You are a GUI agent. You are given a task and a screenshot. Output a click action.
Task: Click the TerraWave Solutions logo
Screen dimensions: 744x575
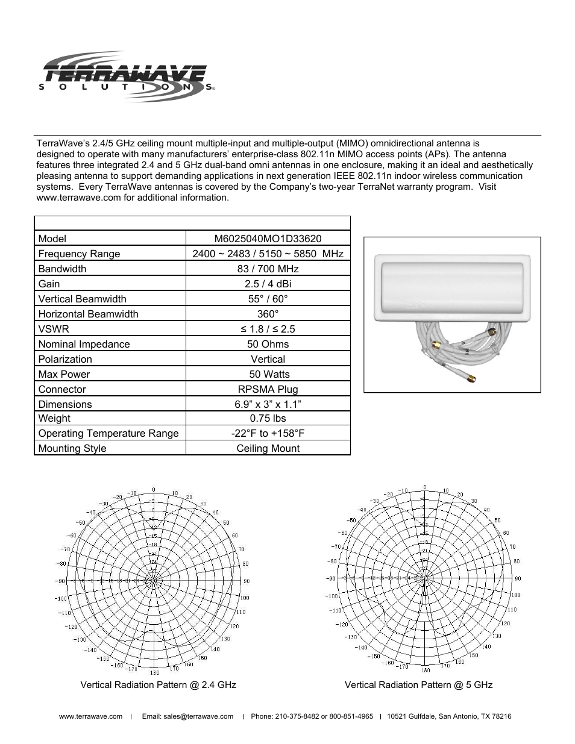click(127, 76)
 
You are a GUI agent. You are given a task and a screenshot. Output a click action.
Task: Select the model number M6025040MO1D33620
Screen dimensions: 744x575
click(268, 239)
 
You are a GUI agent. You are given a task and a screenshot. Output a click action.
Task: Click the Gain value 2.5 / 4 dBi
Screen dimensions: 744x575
click(268, 284)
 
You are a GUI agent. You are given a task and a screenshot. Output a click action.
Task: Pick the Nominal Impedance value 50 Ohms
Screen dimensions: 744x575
click(268, 344)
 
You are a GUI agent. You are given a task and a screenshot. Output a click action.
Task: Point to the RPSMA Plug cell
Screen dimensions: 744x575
click(268, 389)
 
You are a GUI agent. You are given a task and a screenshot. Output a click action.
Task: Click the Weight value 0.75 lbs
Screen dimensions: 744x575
click(268, 418)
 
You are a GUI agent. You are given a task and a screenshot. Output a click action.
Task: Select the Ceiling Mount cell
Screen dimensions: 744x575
click(268, 448)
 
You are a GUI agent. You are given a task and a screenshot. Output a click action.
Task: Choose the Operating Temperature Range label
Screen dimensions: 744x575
click(108, 433)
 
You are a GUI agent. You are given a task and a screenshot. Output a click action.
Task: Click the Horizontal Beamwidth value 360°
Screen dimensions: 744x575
click(268, 314)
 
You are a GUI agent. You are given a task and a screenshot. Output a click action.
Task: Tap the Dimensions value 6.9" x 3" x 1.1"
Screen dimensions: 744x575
click(268, 404)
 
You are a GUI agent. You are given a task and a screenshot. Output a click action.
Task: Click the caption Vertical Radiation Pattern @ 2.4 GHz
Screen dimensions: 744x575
click(159, 684)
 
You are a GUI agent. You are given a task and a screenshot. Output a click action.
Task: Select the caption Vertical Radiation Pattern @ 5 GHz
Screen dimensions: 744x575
click(418, 684)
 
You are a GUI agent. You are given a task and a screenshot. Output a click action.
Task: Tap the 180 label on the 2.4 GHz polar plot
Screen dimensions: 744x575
click(154, 672)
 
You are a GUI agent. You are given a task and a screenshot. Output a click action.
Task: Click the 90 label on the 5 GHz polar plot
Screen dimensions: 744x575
click(517, 578)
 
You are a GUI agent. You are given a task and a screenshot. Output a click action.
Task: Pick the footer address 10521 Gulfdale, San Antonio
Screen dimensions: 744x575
click(449, 716)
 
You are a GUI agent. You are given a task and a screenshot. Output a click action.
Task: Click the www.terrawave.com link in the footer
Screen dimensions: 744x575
click(90, 716)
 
